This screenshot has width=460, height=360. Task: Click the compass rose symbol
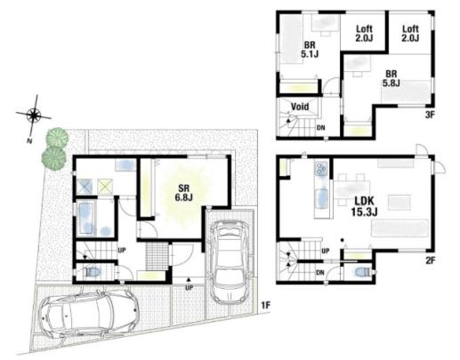click(x=34, y=115)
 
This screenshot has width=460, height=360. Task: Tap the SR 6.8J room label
click(x=184, y=193)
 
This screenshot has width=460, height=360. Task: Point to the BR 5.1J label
click(x=310, y=50)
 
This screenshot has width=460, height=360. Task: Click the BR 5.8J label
click(x=391, y=78)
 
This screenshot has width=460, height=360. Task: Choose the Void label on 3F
click(x=300, y=107)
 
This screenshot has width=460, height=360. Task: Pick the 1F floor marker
click(x=266, y=306)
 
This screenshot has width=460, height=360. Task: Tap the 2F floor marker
click(x=431, y=260)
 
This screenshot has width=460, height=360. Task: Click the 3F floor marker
click(x=430, y=115)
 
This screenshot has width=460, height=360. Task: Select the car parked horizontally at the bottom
click(x=89, y=315)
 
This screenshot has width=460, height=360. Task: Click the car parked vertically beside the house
click(x=230, y=262)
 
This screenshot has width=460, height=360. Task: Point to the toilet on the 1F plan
click(x=93, y=272)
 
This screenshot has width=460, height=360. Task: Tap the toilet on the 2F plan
click(x=363, y=272)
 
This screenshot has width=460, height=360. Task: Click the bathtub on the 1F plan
click(x=86, y=218)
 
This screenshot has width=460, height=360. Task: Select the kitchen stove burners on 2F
click(x=321, y=169)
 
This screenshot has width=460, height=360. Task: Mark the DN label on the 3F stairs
click(x=320, y=128)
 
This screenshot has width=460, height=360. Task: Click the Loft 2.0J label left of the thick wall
click(x=364, y=34)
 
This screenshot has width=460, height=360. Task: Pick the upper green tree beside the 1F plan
click(x=57, y=137)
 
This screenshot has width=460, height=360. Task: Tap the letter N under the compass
click(x=29, y=141)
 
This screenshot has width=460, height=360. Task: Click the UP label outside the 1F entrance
click(x=189, y=288)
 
